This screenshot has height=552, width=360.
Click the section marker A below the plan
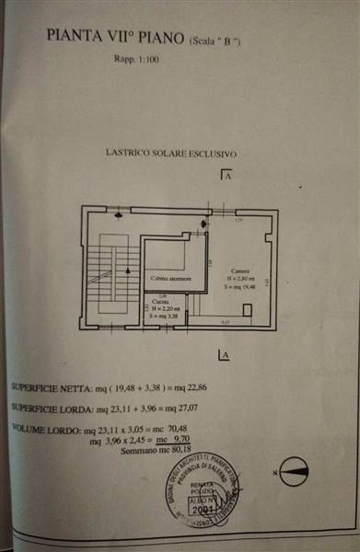[222, 354]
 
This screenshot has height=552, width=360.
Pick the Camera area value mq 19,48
[239, 286]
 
